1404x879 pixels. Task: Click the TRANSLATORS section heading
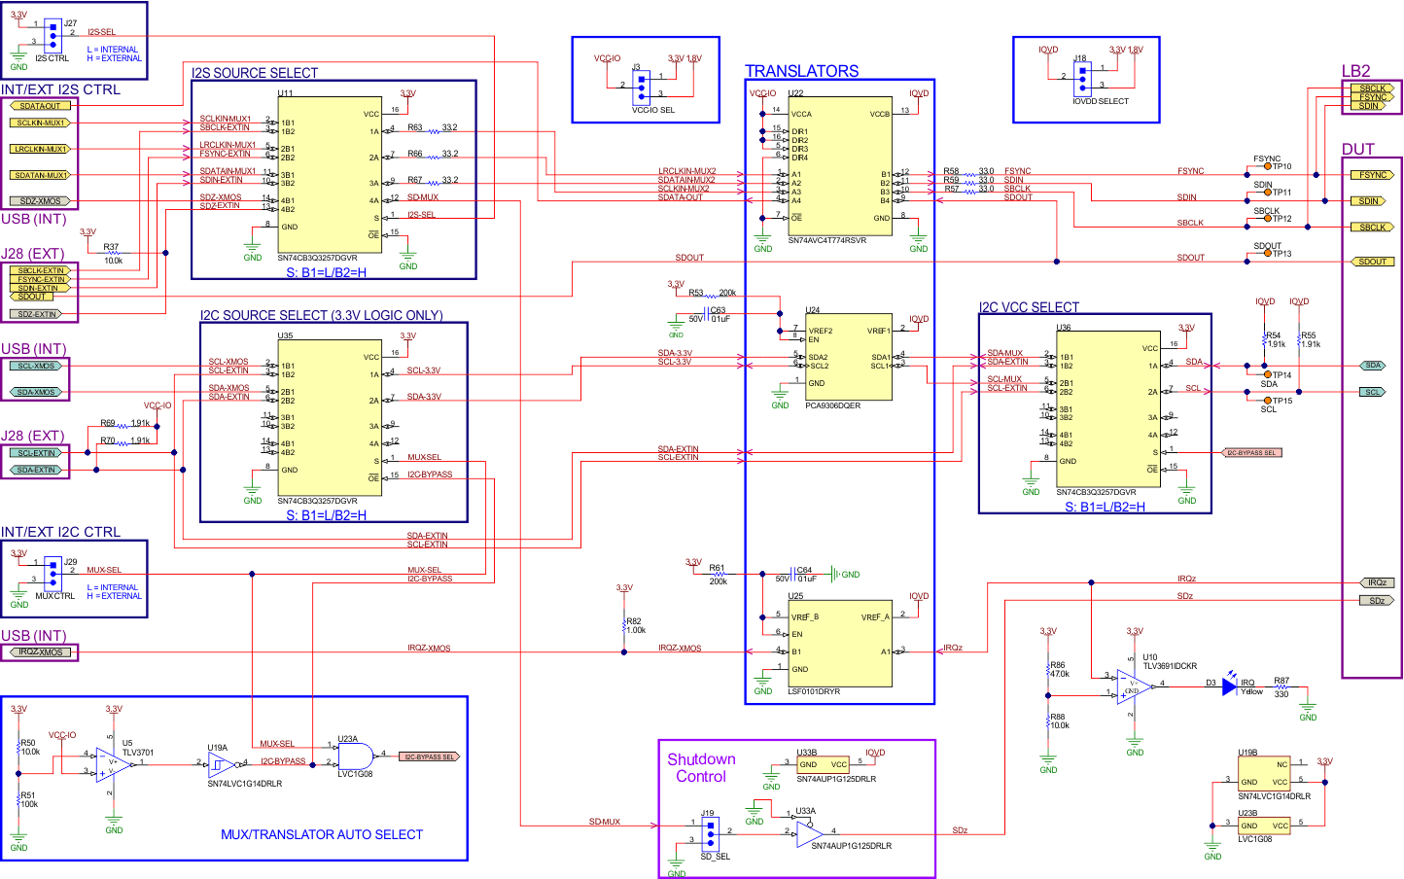click(x=801, y=71)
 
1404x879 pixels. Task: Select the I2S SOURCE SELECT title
click(x=255, y=73)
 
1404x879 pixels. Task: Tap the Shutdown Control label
click(x=701, y=768)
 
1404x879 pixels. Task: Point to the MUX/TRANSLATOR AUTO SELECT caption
click(x=322, y=834)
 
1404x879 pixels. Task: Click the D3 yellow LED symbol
click(x=1229, y=686)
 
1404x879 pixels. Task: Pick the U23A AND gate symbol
click(x=355, y=756)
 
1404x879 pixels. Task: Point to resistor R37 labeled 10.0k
click(x=113, y=253)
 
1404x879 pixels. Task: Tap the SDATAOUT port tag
click(x=40, y=105)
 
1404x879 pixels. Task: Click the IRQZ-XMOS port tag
click(x=40, y=651)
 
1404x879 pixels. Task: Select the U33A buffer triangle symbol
click(x=809, y=832)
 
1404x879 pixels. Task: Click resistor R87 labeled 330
click(x=1281, y=687)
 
